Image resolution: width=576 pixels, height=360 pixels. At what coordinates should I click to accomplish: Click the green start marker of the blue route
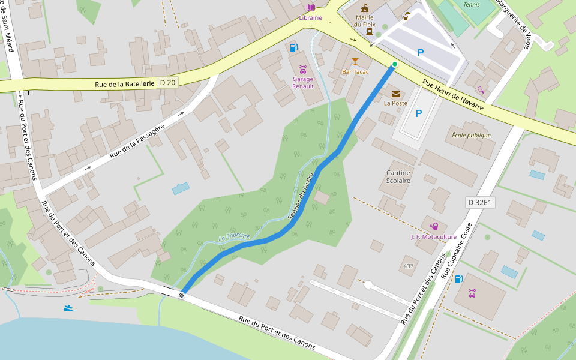[x=394, y=64]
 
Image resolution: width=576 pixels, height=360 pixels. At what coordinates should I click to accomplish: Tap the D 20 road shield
[x=168, y=83]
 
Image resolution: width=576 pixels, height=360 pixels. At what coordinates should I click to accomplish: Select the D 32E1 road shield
[x=480, y=203]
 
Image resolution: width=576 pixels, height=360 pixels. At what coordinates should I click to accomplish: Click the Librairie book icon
[x=311, y=7]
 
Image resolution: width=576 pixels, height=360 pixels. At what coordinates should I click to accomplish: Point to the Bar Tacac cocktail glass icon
[x=355, y=61]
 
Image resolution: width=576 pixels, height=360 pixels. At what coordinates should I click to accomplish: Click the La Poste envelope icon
[x=395, y=94]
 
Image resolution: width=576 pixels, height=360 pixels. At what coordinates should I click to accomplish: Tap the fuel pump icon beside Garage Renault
[x=293, y=47]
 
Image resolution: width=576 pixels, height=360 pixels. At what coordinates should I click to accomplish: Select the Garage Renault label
[x=303, y=82]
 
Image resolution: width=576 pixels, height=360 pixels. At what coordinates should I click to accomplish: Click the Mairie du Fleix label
[x=365, y=21]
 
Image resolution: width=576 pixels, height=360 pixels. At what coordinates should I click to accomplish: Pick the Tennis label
[x=472, y=4]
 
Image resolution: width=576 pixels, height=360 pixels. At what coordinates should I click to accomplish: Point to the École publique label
[x=471, y=135]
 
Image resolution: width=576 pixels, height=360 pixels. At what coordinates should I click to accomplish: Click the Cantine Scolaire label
[x=398, y=176]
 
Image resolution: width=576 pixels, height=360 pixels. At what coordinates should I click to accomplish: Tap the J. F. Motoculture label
[x=434, y=236]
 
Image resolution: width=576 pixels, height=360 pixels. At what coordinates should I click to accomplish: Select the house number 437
[x=409, y=266]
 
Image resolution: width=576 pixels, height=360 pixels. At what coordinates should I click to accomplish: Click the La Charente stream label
[x=234, y=236]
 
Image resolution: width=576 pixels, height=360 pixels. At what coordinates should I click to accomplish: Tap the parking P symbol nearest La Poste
[x=419, y=113]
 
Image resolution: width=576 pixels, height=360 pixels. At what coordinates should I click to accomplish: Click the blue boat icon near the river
[x=70, y=308]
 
